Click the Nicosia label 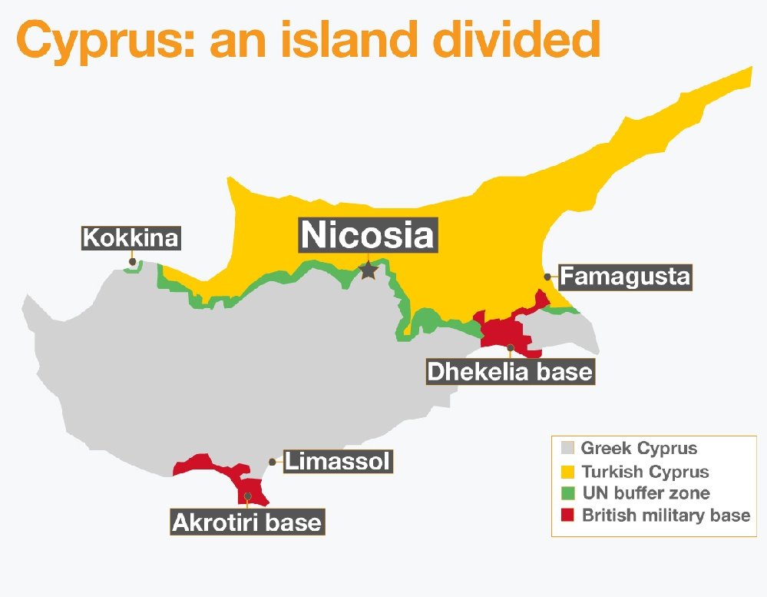coord(367,234)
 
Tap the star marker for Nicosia coord(369,270)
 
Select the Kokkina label coord(131,238)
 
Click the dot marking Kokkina coord(133,262)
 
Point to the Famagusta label coord(625,277)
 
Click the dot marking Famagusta coord(547,277)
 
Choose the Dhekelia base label coord(510,373)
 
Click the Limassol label coord(338,462)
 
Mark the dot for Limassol coord(273,462)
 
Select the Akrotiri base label coord(246,522)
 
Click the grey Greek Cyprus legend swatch coord(568,449)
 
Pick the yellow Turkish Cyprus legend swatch coord(568,471)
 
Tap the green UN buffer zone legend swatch coord(568,493)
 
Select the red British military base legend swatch coord(568,516)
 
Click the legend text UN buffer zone coord(646,493)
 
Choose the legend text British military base coord(666,516)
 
